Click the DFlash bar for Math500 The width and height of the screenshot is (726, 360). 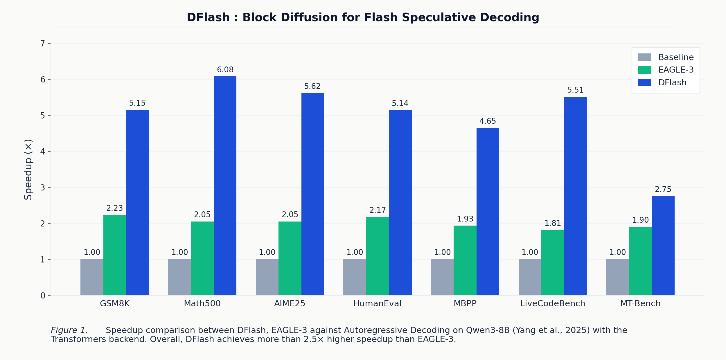tap(225, 186)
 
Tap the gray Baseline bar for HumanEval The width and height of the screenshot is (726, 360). tap(355, 277)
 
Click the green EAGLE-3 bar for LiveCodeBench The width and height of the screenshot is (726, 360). tap(553, 262)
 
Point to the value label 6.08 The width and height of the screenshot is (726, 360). tap(225, 70)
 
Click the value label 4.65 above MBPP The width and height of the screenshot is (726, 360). tap(488, 121)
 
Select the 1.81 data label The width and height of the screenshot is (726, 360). tap(553, 223)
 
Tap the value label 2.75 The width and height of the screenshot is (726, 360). tap(663, 189)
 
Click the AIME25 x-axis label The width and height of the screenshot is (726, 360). tap(290, 304)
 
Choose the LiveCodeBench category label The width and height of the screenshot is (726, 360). tap(553, 304)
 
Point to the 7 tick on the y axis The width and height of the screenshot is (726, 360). tap(43, 44)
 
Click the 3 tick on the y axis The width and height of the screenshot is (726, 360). tap(43, 188)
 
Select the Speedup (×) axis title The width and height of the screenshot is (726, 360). tap(28, 170)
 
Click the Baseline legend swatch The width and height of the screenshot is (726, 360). tap(644, 57)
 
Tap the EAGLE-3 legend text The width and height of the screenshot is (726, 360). tap(676, 70)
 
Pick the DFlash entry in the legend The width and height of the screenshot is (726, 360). tap(672, 83)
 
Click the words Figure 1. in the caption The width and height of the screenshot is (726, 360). tap(69, 330)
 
